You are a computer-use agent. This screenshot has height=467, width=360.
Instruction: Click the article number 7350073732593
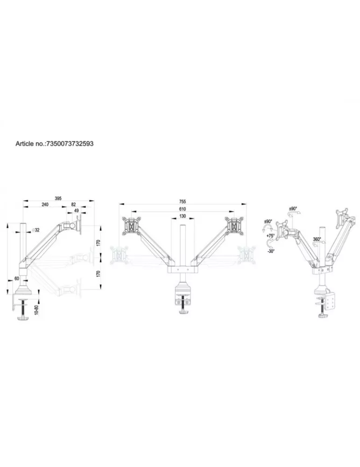pos(71,143)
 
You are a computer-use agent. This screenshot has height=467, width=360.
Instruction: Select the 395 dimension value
pos(58,198)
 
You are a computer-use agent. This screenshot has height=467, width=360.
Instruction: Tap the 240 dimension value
pos(45,205)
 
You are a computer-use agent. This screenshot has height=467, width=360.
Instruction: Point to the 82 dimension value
pos(74,205)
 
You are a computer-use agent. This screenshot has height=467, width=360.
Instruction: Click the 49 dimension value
pos(77,211)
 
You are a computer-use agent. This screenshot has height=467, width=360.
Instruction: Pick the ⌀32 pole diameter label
pos(36,230)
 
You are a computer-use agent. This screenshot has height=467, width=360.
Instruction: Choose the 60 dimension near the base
pos(17,278)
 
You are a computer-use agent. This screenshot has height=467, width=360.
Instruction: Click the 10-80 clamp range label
pos(36,311)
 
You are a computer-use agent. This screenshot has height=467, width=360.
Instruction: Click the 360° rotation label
pos(317,239)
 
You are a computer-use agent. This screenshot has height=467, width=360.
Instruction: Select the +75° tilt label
pos(270,235)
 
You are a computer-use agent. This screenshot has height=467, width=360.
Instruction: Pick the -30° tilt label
pos(271,251)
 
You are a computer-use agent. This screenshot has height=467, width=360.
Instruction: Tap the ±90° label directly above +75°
pos(268,221)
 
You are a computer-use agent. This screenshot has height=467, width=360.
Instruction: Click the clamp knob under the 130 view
pos(184,312)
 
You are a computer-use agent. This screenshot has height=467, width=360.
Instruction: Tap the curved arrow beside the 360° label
pos(317,244)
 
